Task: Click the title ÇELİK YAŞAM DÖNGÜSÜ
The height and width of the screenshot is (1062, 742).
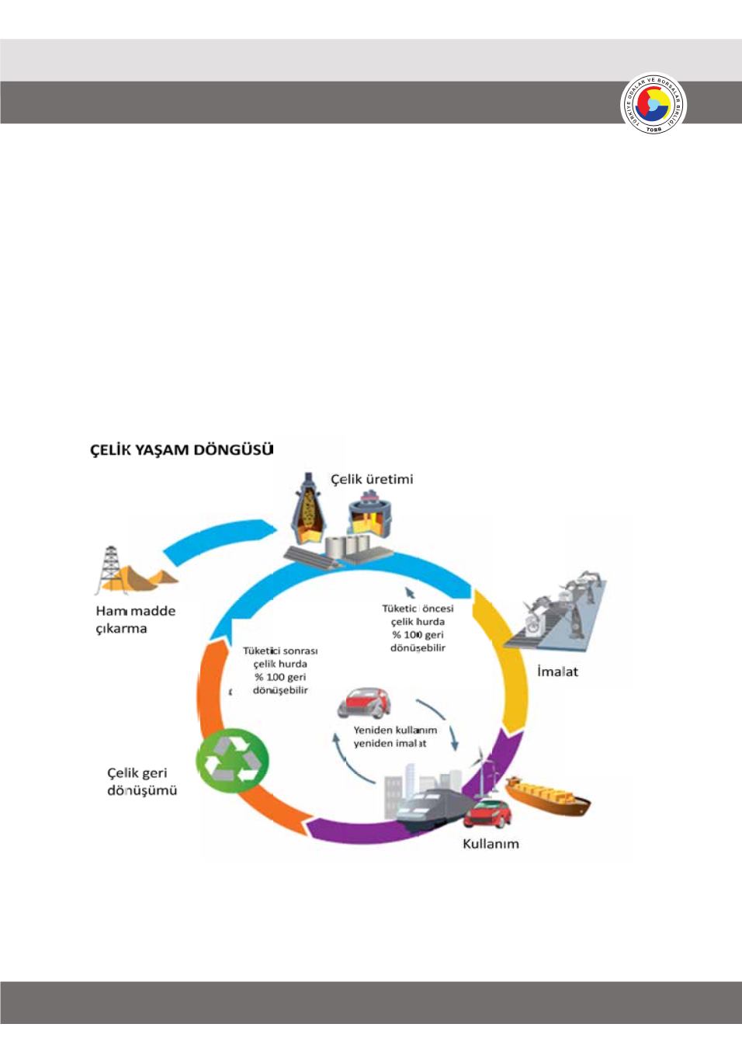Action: (x=182, y=449)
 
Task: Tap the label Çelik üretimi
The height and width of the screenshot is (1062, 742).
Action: (x=372, y=479)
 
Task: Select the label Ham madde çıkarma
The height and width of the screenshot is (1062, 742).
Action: (x=135, y=619)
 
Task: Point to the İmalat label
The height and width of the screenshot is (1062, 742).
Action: (x=557, y=672)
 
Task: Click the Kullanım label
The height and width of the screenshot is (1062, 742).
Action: (x=491, y=844)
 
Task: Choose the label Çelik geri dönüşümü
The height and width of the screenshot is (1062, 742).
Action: (x=142, y=782)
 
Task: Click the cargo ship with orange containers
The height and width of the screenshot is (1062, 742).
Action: (x=548, y=796)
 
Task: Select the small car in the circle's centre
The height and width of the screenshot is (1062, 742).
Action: (x=364, y=702)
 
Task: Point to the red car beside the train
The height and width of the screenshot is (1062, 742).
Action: (x=488, y=814)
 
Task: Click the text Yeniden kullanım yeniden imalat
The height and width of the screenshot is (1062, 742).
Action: (x=394, y=737)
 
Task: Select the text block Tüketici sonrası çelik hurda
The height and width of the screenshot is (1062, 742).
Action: (x=280, y=670)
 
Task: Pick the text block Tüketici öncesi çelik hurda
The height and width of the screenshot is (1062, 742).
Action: (x=418, y=628)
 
